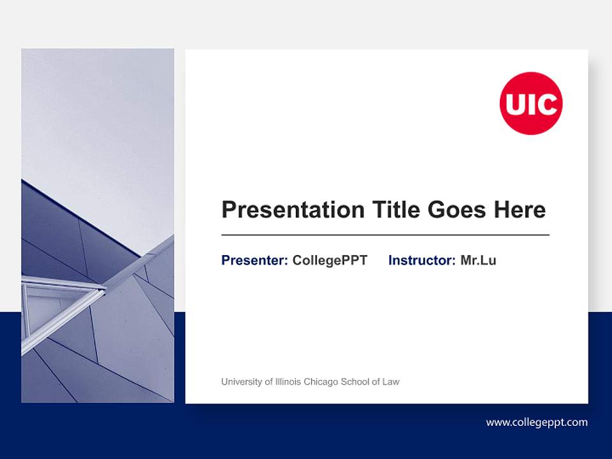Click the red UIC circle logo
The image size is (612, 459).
530,103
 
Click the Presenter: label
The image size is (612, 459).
254,260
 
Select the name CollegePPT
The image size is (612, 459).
330,260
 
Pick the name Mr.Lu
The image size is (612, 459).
478,260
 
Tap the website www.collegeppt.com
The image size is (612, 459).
537,422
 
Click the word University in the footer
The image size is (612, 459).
242,382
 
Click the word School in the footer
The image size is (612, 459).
356,382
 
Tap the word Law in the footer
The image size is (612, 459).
390,382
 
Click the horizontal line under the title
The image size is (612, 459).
385,235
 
